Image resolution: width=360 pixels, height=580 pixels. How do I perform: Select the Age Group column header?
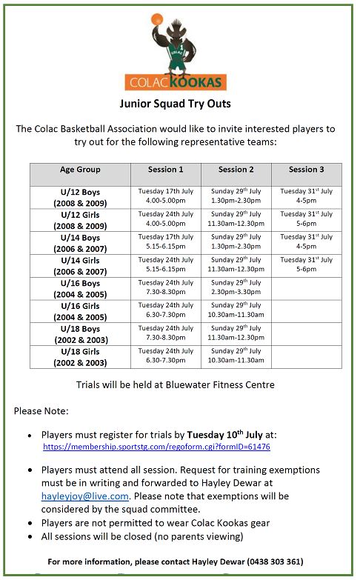coord(80,170)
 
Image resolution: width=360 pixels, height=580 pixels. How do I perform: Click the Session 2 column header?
coord(236,170)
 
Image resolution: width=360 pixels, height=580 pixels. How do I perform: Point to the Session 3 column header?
coord(306,170)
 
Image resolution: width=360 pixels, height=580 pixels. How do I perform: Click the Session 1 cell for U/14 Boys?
coord(165,242)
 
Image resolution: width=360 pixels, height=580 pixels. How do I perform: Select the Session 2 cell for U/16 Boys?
coord(236,288)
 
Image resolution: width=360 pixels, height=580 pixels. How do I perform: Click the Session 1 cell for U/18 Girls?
coord(165,356)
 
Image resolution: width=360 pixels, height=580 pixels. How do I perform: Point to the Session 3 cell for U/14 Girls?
coord(306,265)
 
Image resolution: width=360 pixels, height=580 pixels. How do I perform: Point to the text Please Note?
coord(41,410)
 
